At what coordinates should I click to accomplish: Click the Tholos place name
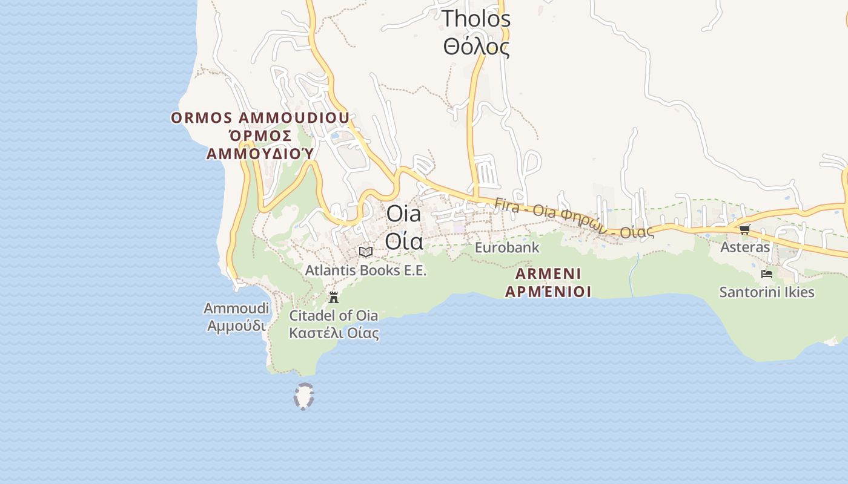[476, 19]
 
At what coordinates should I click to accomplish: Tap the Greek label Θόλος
[476, 47]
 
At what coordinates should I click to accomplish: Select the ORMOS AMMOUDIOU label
[260, 117]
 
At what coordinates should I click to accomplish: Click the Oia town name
[403, 214]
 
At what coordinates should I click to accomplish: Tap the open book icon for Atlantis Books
[366, 252]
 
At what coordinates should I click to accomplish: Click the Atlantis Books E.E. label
[366, 270]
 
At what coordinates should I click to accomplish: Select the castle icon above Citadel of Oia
[334, 297]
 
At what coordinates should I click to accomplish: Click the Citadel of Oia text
[334, 315]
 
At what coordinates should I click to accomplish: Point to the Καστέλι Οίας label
[334, 333]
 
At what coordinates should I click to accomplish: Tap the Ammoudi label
[236, 309]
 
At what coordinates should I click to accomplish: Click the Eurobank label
[507, 247]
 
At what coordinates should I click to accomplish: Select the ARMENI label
[548, 273]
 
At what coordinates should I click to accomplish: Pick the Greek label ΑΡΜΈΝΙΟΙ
[548, 292]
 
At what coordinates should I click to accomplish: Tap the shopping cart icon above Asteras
[744, 229]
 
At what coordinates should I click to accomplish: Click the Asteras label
[745, 247]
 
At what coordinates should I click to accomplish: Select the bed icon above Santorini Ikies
[767, 274]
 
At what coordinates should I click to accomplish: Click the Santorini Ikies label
[767, 292]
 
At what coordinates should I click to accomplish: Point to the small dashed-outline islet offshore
[303, 397]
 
